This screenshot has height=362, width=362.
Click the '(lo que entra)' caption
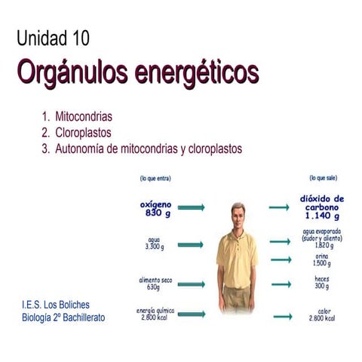(155, 179)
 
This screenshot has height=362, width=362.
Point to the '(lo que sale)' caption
(322, 179)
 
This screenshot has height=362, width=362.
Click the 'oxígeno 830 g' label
(156, 208)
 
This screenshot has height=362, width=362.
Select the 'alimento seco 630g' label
(154, 283)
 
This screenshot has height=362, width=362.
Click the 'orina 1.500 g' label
(322, 259)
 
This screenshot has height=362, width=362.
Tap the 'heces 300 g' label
(322, 283)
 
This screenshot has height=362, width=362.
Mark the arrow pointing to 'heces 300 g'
(281, 284)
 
